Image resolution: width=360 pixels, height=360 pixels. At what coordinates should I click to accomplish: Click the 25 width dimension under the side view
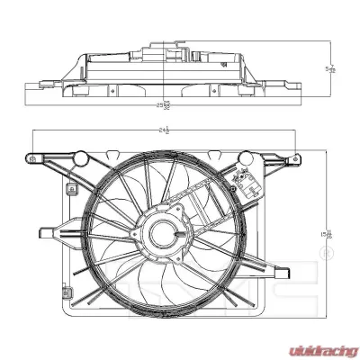point(164,106)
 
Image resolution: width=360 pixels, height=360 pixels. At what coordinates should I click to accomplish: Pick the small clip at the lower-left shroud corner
point(67,292)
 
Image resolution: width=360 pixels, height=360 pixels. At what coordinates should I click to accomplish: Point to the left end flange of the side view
point(40,85)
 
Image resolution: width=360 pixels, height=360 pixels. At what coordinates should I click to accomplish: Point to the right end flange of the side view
point(285,85)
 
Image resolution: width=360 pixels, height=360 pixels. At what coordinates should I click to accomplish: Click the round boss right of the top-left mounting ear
point(80,158)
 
